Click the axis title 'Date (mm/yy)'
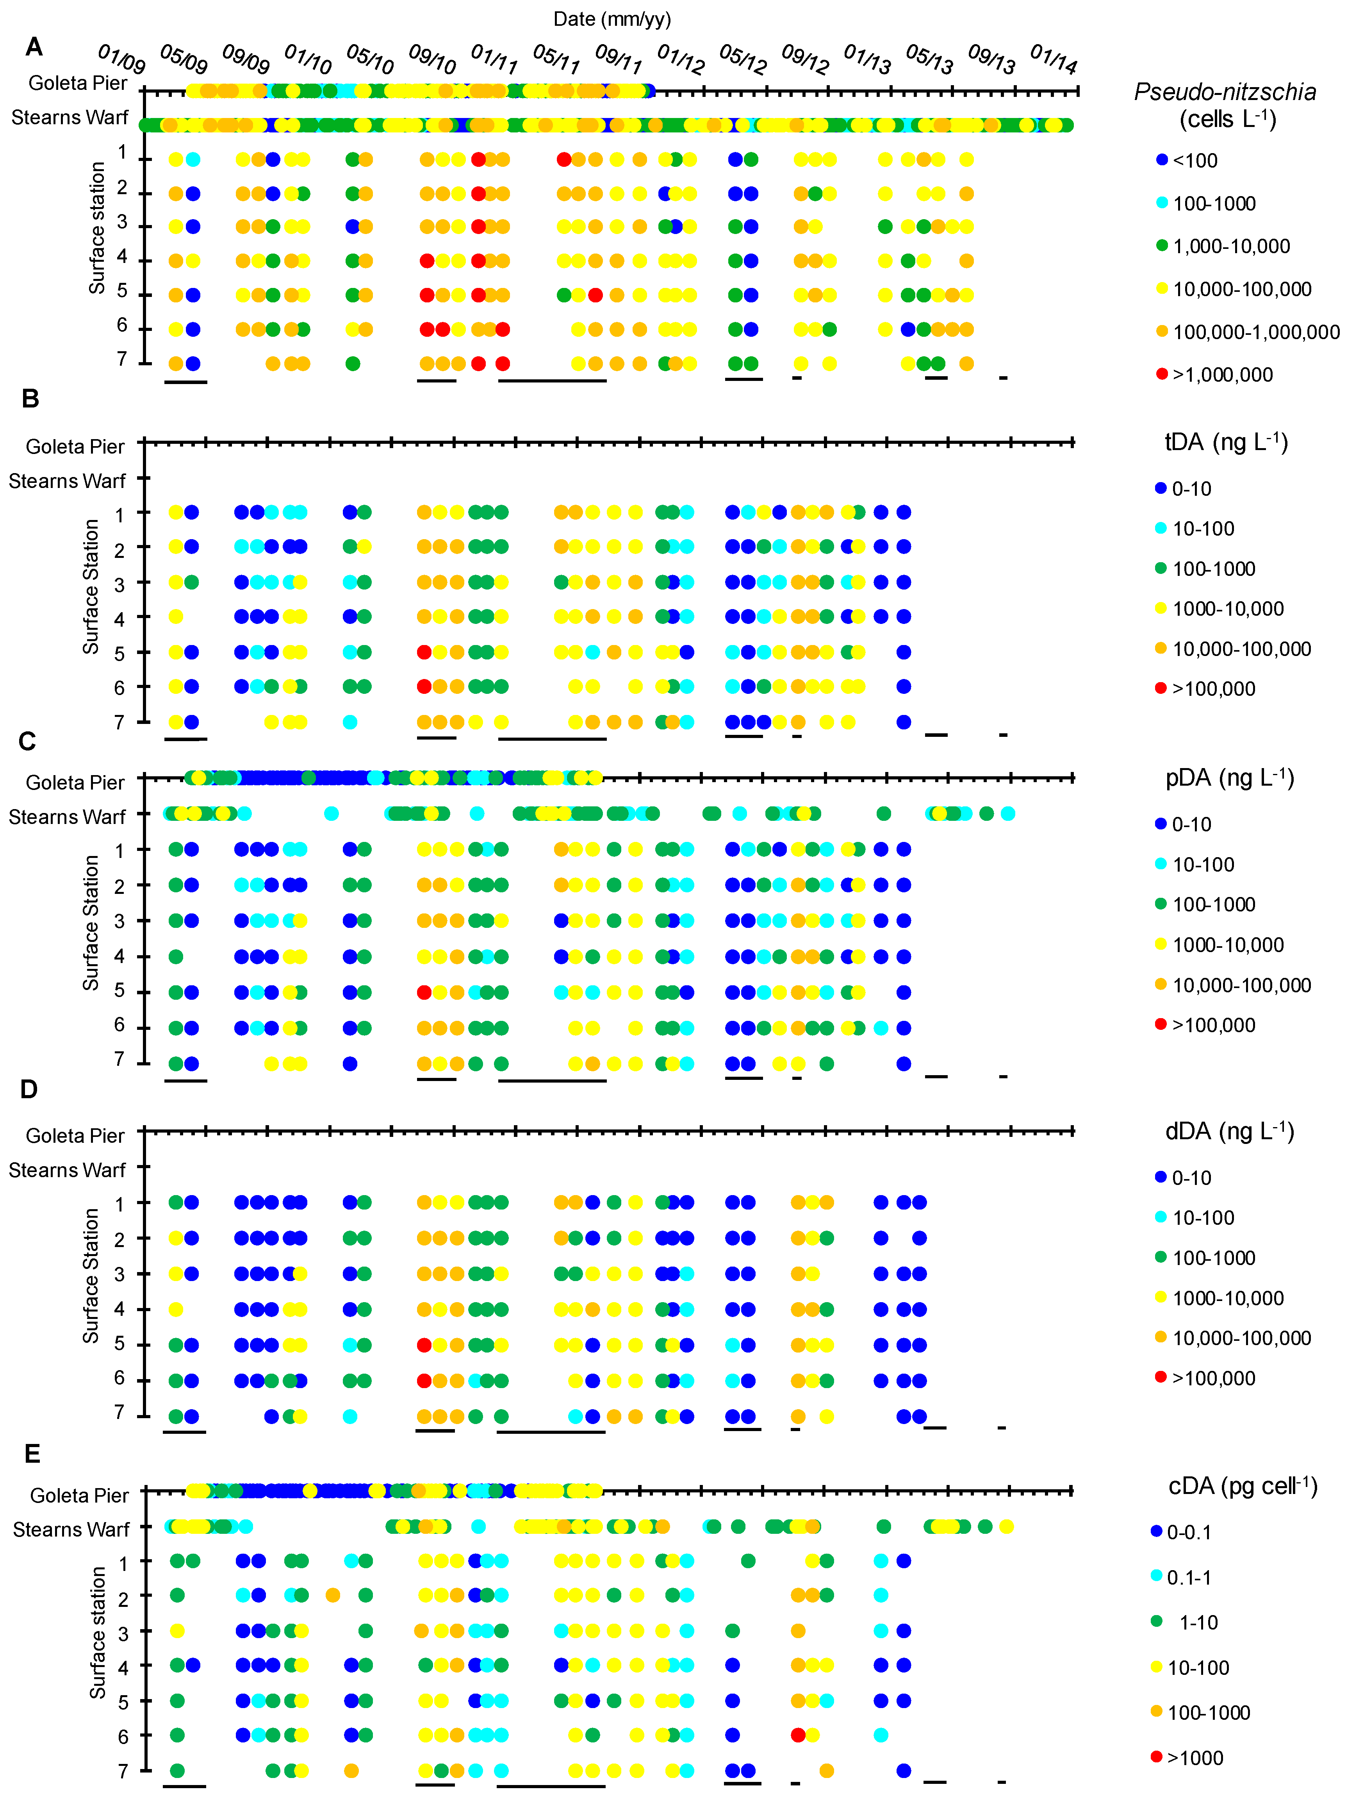pos(611,19)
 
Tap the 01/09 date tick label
pos(121,59)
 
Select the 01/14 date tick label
pos(1054,59)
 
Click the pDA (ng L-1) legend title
pos(1229,778)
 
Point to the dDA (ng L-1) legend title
pos(1229,1131)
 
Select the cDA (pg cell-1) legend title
pos(1242,1486)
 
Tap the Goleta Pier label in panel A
pos(77,83)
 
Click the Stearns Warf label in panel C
pos(67,817)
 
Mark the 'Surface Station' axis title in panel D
pos(91,1276)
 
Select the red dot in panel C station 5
pos(424,992)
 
